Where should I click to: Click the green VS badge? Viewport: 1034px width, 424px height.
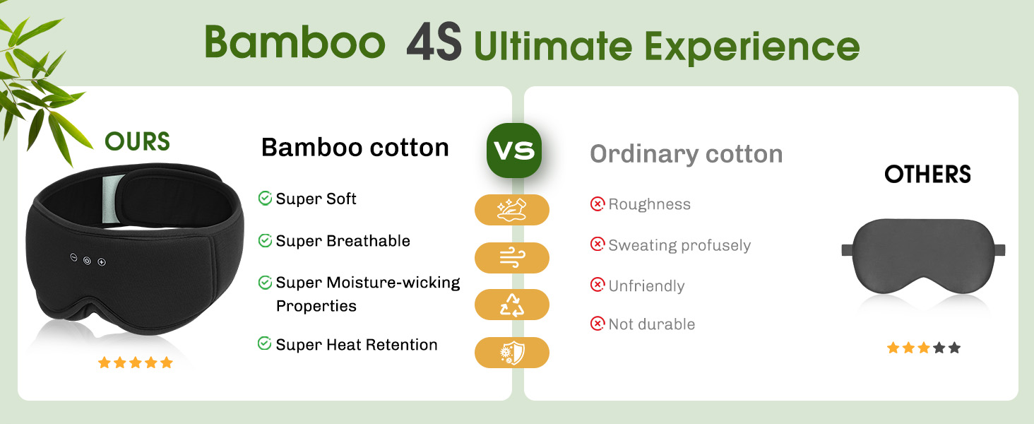point(513,150)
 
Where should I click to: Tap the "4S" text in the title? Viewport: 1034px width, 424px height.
point(434,42)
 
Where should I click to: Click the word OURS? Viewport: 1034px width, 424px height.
point(137,141)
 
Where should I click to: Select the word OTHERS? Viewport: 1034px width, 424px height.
point(927,174)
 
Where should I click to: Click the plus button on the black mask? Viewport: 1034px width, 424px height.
point(102,262)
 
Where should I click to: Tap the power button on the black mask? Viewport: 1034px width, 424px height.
point(87,261)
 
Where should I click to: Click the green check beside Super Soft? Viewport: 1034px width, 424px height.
point(265,198)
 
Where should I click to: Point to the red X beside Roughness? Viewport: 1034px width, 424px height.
point(598,204)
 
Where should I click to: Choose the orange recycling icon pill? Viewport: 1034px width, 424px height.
point(512,305)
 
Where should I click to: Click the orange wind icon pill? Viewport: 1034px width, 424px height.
point(512,258)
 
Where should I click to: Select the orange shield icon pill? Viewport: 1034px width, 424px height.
point(512,353)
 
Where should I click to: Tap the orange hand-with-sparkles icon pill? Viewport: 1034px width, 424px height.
point(512,210)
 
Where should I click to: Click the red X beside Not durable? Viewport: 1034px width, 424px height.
point(598,324)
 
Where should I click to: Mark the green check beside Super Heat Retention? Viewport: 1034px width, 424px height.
point(264,343)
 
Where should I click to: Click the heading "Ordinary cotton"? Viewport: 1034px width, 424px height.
point(686,155)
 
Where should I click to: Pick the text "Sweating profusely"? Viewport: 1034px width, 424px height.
point(679,245)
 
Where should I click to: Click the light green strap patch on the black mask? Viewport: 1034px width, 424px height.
point(112,199)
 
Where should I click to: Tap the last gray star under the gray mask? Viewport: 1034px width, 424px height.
point(955,348)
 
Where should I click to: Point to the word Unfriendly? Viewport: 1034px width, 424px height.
point(646,286)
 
